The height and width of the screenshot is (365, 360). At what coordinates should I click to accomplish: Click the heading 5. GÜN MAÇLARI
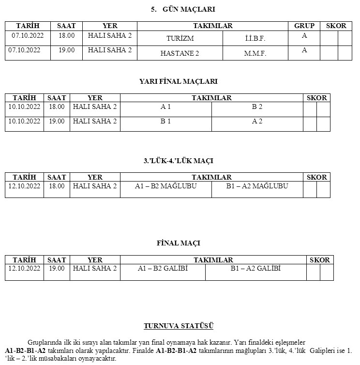pos(180,9)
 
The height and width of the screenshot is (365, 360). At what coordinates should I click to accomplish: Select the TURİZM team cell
pos(180,38)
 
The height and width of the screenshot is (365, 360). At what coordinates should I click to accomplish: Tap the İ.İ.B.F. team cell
pos(255,38)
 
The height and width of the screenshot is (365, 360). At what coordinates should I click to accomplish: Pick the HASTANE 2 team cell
pos(180,53)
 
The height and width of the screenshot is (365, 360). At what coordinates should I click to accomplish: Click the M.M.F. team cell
pos(255,53)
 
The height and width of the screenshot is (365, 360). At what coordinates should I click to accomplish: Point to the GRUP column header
pos(304,26)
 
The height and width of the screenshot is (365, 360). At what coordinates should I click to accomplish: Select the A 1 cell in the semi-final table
pos(165,106)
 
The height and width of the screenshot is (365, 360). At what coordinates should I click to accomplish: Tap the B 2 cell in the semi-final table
pos(257,106)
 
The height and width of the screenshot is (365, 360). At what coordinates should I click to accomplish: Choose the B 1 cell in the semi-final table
pos(165,121)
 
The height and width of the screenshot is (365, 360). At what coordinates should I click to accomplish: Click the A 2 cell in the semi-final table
pos(257,121)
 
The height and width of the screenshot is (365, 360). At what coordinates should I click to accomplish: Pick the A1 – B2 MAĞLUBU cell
pos(165,186)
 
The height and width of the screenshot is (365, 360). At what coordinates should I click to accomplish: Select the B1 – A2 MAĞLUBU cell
pos(257,186)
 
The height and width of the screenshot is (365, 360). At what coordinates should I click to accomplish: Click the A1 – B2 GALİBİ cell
pos(163,268)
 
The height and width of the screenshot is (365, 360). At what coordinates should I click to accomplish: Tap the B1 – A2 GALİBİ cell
pos(255,268)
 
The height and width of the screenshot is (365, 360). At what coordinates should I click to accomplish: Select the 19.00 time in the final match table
pos(57,268)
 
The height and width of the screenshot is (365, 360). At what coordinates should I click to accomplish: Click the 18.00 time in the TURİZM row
pos(66,36)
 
